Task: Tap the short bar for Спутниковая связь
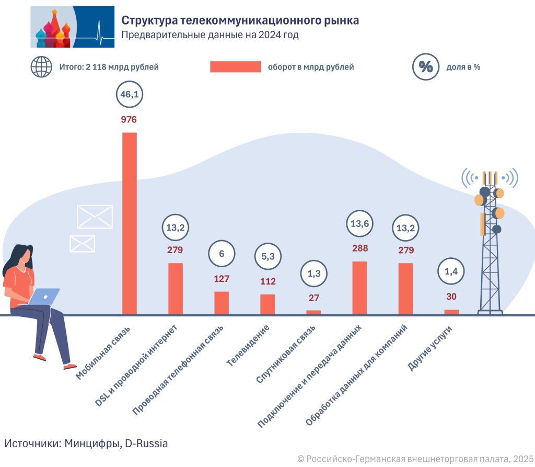[x=313, y=312]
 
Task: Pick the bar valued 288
[x=359, y=288]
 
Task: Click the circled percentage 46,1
[x=129, y=95]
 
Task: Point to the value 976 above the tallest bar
[x=129, y=120]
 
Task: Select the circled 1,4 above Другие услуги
[x=451, y=271]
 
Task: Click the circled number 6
[x=222, y=254]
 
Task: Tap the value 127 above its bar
[x=222, y=278]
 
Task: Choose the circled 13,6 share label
[x=359, y=224]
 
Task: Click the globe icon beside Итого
[x=41, y=67]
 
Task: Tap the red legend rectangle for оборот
[x=235, y=67]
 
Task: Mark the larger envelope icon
[x=95, y=217]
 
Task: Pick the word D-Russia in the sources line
[x=147, y=443]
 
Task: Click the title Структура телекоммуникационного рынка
[x=240, y=20]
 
